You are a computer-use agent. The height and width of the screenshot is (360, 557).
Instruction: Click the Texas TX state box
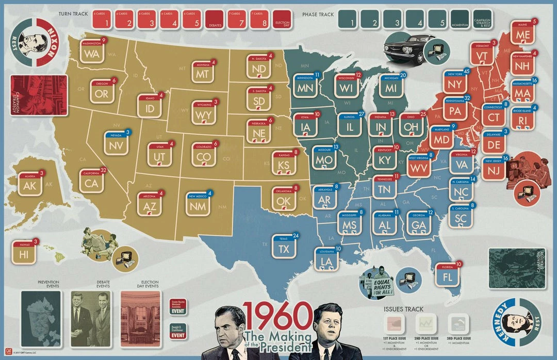tap(284, 248)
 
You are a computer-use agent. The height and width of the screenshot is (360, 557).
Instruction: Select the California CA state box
tap(92, 182)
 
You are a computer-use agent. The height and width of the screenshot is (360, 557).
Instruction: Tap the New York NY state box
tap(454, 83)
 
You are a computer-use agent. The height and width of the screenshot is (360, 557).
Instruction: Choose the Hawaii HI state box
tap(24, 253)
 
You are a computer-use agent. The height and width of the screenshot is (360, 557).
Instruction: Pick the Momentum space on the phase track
tap(460, 20)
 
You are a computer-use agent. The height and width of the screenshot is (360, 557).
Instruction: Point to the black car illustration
tap(407, 46)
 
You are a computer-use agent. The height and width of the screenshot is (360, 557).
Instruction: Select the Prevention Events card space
tap(41, 318)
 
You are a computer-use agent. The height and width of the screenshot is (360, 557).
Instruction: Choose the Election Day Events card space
tap(141, 318)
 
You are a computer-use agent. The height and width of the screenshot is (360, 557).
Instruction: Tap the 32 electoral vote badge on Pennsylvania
tap(467, 97)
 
